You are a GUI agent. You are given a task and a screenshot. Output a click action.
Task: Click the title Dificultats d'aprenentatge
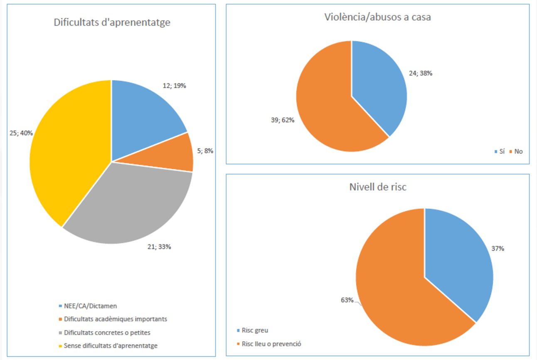pos(112,22)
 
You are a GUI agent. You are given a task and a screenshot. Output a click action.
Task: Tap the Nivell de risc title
pos(377,187)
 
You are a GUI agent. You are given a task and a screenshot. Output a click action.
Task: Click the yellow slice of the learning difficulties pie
pos(67,150)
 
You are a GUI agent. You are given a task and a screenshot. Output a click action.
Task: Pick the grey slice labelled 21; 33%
pos(129,204)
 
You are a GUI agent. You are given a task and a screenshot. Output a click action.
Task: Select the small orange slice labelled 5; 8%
pos(175,154)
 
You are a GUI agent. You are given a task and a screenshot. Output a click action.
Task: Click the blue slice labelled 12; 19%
pos(141,112)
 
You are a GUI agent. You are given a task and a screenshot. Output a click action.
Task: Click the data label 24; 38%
pos(420,73)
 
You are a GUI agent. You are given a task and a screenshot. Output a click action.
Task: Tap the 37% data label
pos(498,249)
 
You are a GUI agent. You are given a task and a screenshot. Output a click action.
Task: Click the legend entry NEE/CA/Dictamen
pos(90,306)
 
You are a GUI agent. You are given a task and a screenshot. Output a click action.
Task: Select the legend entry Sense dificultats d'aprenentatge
pos(111,345)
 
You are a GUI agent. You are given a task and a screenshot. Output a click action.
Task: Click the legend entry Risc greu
pos(258,330)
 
